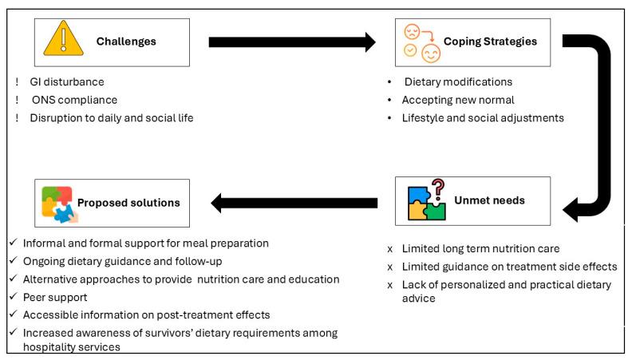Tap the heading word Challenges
[x=123, y=42]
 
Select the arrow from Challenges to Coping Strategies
[x=292, y=42]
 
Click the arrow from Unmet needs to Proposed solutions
[x=294, y=203]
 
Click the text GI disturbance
[x=68, y=81]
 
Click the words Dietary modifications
[x=458, y=81]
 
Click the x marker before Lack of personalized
[x=388, y=284]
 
